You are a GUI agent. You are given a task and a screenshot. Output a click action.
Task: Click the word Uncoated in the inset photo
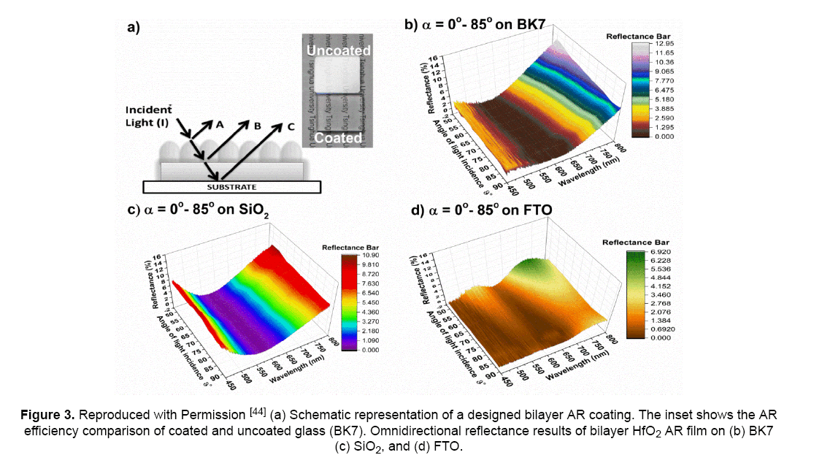point(338,51)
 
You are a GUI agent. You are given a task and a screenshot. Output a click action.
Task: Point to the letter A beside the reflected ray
point(218,125)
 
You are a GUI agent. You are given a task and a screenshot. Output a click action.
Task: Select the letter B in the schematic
point(256,126)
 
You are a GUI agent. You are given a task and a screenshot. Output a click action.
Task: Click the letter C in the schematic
point(291,126)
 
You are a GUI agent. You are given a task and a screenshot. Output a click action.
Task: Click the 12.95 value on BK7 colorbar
point(663,44)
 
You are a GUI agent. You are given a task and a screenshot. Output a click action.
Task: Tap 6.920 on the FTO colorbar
point(661,251)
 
